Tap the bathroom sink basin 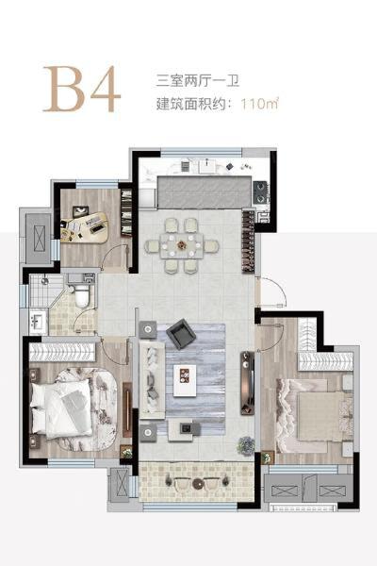(x=37, y=322)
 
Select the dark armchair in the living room (x=180, y=333)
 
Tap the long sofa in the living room (x=150, y=377)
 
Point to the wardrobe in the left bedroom (x=66, y=352)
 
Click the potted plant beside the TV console (x=246, y=443)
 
